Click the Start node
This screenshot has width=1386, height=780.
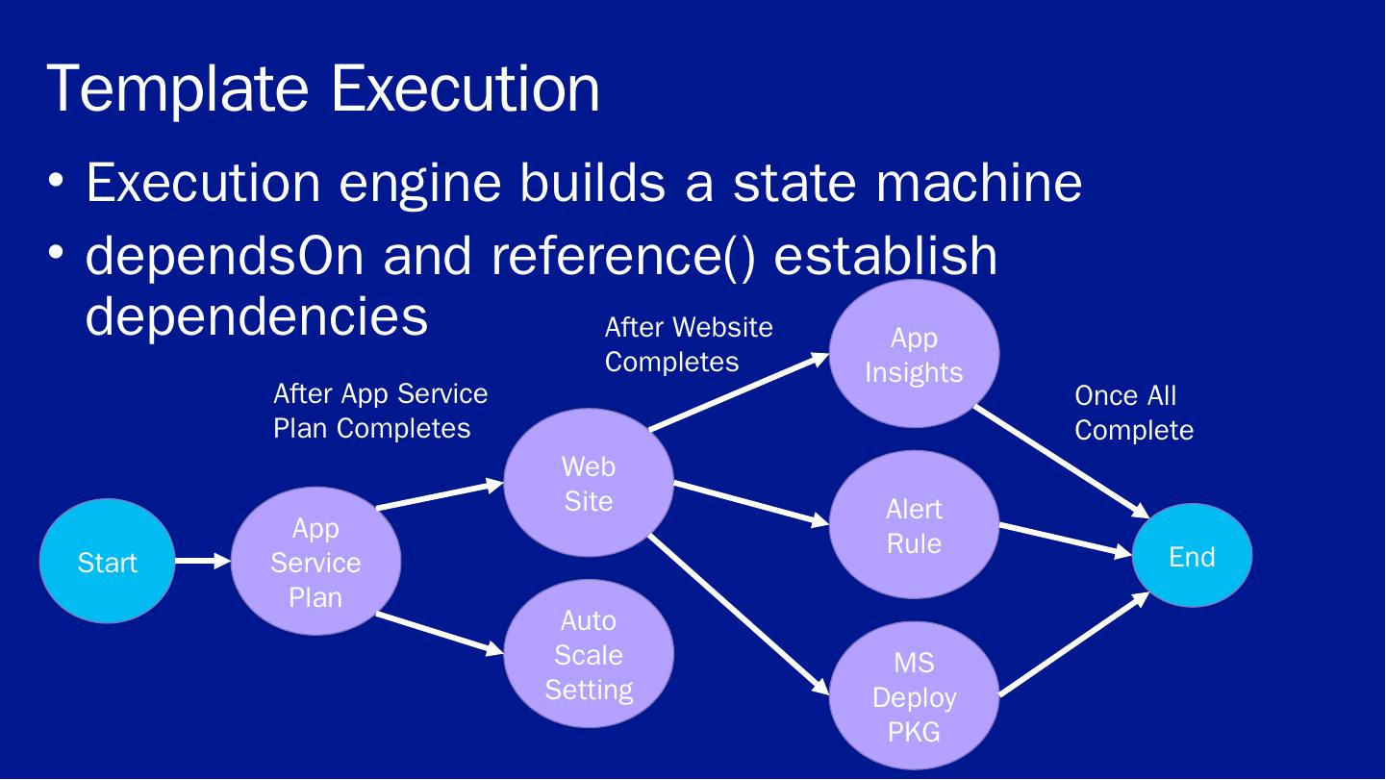point(107,561)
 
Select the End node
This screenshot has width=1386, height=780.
point(1193,556)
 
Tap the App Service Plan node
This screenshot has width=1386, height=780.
point(315,561)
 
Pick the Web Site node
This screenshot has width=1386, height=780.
point(589,483)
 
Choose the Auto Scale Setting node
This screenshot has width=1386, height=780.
point(589,654)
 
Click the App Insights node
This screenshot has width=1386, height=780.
point(914,354)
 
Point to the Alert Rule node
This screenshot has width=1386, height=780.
point(914,525)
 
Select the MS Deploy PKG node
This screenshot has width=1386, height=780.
point(914,696)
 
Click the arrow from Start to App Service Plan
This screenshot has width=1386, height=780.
point(203,561)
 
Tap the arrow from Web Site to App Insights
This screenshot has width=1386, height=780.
point(739,390)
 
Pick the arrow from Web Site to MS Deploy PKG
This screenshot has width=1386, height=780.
point(738,615)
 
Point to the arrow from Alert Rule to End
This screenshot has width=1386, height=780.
point(1066,540)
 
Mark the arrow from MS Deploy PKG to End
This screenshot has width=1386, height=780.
point(1074,644)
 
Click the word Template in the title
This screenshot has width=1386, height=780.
point(178,89)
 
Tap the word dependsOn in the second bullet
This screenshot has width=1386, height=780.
point(225,256)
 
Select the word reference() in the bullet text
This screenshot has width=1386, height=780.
point(623,256)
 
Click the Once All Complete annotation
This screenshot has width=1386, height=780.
point(1134,413)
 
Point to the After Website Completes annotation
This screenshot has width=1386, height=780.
point(689,344)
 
